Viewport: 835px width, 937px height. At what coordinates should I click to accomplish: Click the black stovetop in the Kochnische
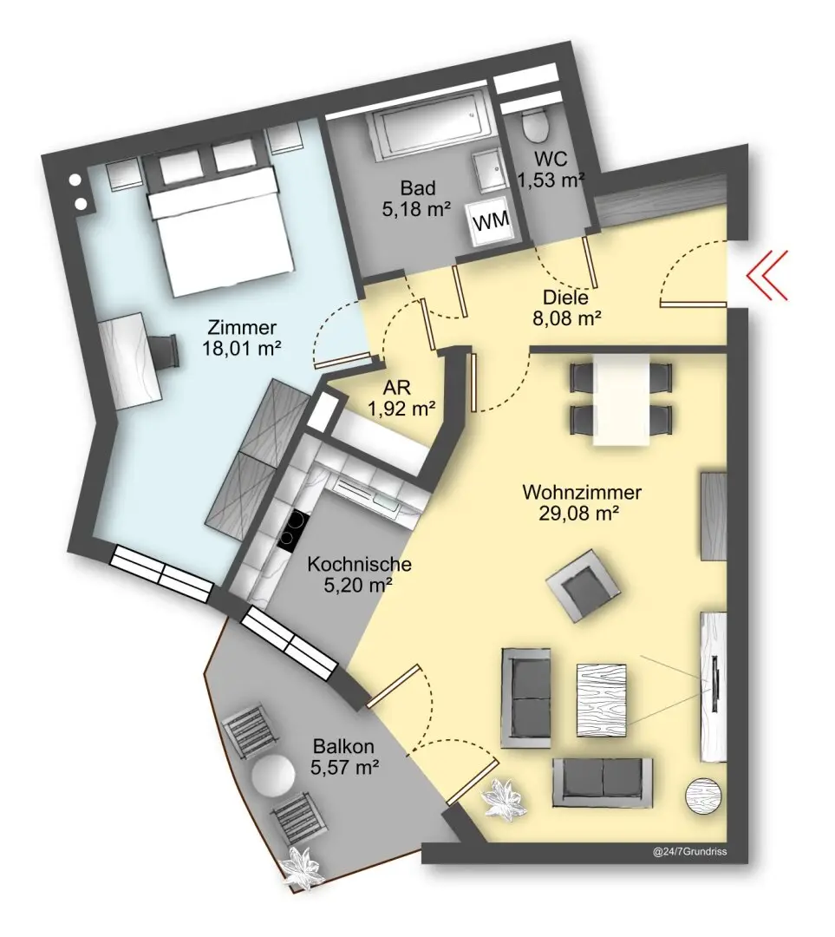(293, 531)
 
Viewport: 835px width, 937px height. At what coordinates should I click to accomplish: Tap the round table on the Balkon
(273, 776)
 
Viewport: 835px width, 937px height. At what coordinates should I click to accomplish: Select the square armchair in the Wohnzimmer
(581, 586)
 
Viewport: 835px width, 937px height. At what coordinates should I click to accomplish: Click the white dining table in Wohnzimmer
(621, 399)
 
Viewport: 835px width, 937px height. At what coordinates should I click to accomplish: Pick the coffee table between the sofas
(602, 700)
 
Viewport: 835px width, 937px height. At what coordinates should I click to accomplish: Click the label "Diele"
(565, 298)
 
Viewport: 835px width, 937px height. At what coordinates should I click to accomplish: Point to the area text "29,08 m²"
(578, 514)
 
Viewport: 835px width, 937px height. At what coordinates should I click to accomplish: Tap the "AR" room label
(397, 388)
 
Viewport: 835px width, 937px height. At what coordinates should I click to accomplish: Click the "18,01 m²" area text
(242, 348)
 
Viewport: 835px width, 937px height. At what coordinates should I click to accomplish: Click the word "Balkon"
(343, 746)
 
